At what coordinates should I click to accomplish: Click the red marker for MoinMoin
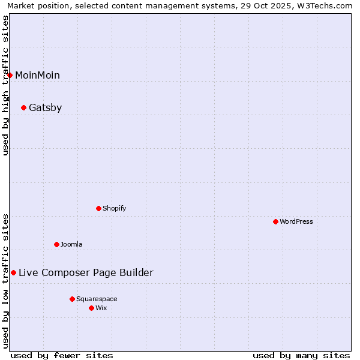coord(10,75)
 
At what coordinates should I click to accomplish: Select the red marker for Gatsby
coord(23,108)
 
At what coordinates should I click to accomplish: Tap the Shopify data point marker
coord(98,208)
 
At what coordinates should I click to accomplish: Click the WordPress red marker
coord(275,221)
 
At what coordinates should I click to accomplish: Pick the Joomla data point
coord(56,244)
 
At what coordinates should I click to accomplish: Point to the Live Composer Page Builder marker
coord(13,273)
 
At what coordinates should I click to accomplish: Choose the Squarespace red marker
coord(72,299)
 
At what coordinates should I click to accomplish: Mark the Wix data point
coord(91,308)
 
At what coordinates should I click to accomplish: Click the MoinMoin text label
coord(37,75)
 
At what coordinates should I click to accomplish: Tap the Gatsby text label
coord(46,108)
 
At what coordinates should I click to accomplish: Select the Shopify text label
coord(114,208)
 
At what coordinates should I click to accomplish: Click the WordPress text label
coord(296,221)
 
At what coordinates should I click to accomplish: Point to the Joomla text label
coord(71,244)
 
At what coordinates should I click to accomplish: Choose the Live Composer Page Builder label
coord(86,273)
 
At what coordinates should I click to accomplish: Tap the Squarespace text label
coord(97,299)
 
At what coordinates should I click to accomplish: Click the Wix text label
coord(101,308)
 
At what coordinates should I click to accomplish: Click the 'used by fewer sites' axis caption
coord(62,355)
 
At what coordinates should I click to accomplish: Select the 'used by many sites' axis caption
coord(301,355)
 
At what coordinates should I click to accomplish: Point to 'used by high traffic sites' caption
coord(6,85)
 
